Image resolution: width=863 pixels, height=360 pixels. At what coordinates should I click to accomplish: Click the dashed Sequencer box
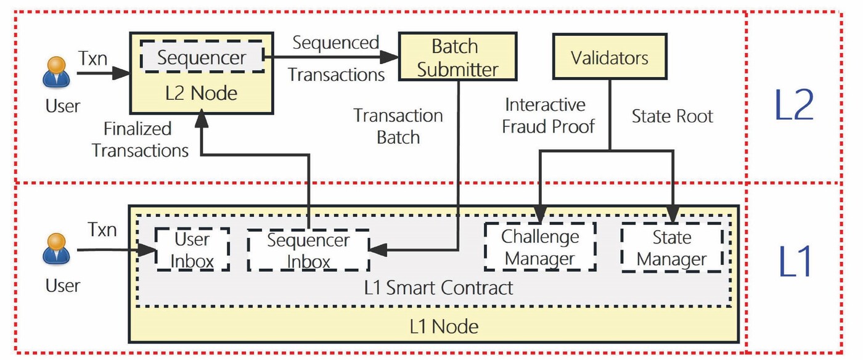coord(202,59)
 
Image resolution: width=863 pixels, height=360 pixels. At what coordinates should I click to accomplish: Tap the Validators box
coord(609,57)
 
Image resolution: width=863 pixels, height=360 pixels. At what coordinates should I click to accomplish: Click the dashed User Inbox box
coord(192,250)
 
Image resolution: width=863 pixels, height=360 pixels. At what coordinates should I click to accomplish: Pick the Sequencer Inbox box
coord(308,250)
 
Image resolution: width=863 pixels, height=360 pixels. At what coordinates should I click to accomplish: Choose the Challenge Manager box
coord(540,247)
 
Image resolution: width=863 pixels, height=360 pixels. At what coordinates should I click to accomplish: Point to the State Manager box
coord(672,248)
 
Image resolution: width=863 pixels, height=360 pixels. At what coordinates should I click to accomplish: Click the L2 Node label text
coord(202,94)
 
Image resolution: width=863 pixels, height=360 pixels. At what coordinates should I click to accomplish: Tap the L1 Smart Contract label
coord(438,287)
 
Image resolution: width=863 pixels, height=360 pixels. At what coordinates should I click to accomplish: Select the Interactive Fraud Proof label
coord(548,115)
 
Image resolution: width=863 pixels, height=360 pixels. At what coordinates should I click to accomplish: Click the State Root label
coord(673,117)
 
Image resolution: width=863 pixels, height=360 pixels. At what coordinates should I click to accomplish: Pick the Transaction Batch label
coord(398,126)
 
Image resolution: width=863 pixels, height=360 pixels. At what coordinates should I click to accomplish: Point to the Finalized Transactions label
coord(141,139)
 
